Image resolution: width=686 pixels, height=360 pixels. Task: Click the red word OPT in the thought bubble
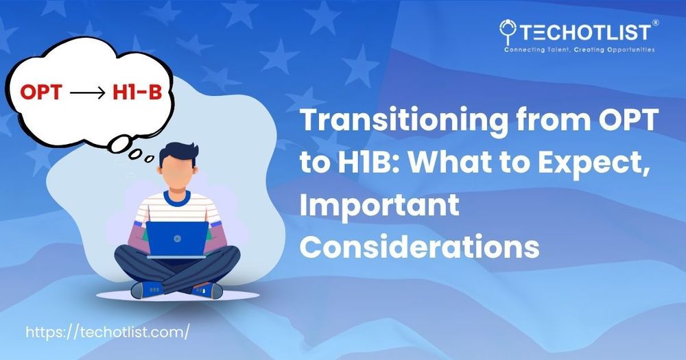click(40, 93)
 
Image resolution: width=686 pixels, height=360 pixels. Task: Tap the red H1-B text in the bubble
click(137, 93)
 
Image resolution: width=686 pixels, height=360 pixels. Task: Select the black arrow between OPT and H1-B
click(88, 93)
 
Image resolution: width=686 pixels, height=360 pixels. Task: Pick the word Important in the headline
click(379, 204)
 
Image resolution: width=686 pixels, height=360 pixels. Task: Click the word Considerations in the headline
click(419, 246)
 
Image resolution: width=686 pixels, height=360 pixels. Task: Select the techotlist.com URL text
click(108, 332)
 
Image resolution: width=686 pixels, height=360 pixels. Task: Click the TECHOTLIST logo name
click(585, 33)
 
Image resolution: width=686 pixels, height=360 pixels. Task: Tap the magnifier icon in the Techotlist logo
click(508, 31)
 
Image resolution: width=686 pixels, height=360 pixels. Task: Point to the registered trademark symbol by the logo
click(655, 23)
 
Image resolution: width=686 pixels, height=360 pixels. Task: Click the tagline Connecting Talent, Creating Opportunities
click(579, 50)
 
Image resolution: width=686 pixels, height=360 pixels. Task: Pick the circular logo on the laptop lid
click(177, 239)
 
